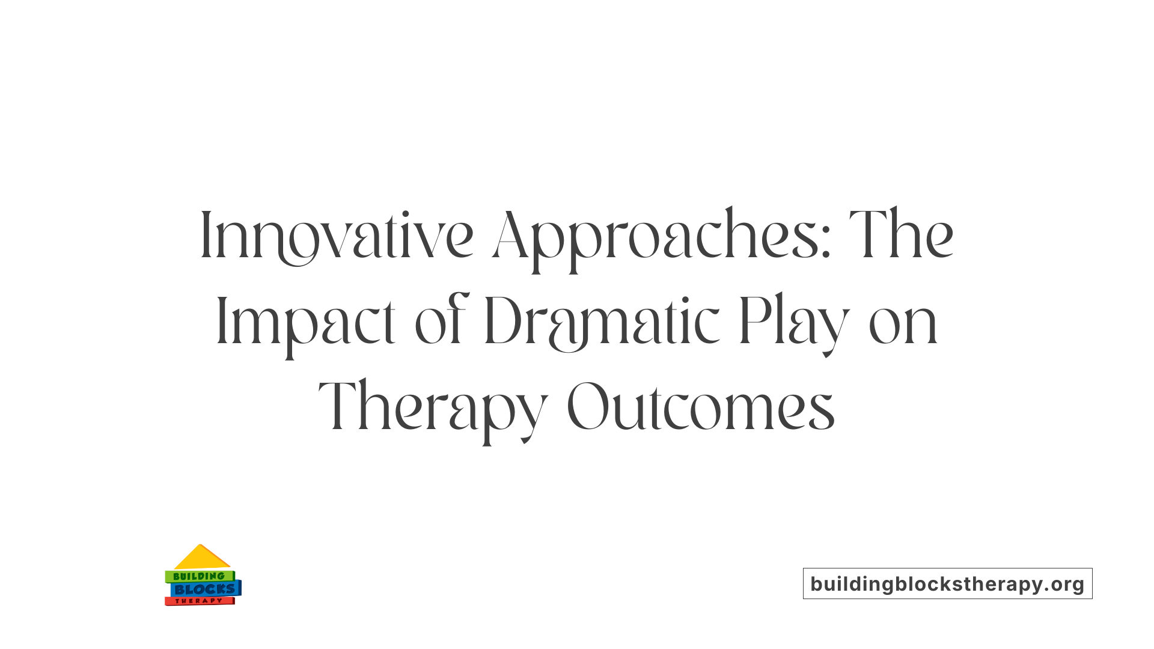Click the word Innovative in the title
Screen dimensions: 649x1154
(337, 236)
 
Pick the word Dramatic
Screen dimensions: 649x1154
(601, 322)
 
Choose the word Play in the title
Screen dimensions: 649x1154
(793, 322)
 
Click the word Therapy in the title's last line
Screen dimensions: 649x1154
(433, 407)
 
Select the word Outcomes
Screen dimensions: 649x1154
(701, 407)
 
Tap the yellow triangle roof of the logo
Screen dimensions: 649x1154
(201, 558)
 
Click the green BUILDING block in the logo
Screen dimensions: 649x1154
(199, 576)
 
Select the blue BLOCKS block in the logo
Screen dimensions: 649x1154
(205, 589)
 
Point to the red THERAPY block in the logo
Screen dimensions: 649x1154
(199, 601)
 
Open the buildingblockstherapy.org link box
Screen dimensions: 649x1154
(947, 583)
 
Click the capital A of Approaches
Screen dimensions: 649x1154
(510, 236)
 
